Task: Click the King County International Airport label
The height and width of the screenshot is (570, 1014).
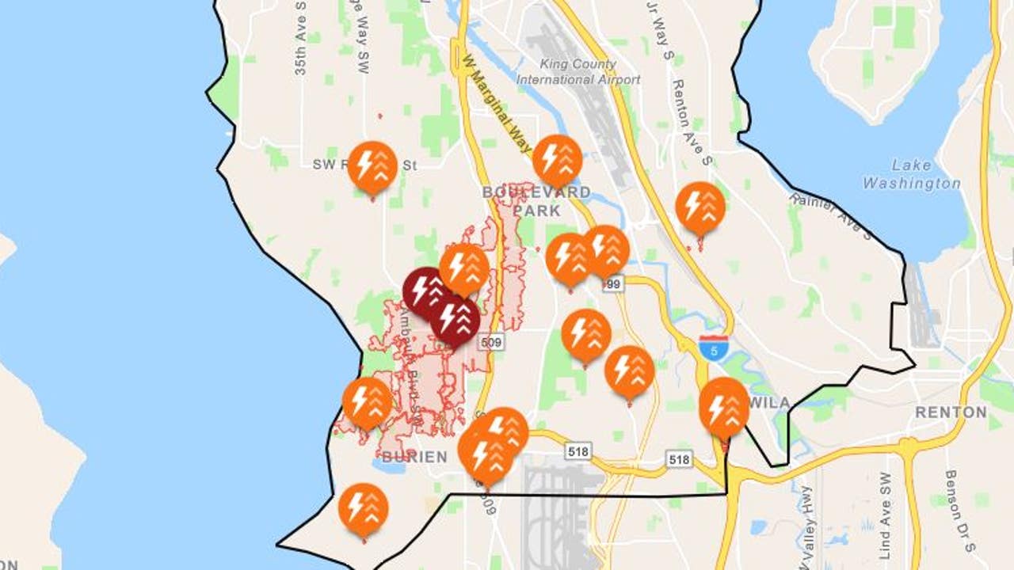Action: pos(578,72)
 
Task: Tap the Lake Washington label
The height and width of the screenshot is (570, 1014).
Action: pos(911,174)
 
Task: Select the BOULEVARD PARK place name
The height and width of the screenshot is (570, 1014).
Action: pos(536,201)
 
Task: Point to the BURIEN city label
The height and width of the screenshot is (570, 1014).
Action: pos(414,457)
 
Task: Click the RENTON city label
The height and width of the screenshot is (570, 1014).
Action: pos(951,412)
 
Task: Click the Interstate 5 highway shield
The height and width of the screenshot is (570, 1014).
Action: pos(714,348)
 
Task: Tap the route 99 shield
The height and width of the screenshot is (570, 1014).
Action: pos(612,282)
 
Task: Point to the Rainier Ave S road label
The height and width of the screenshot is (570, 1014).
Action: pos(832,215)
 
